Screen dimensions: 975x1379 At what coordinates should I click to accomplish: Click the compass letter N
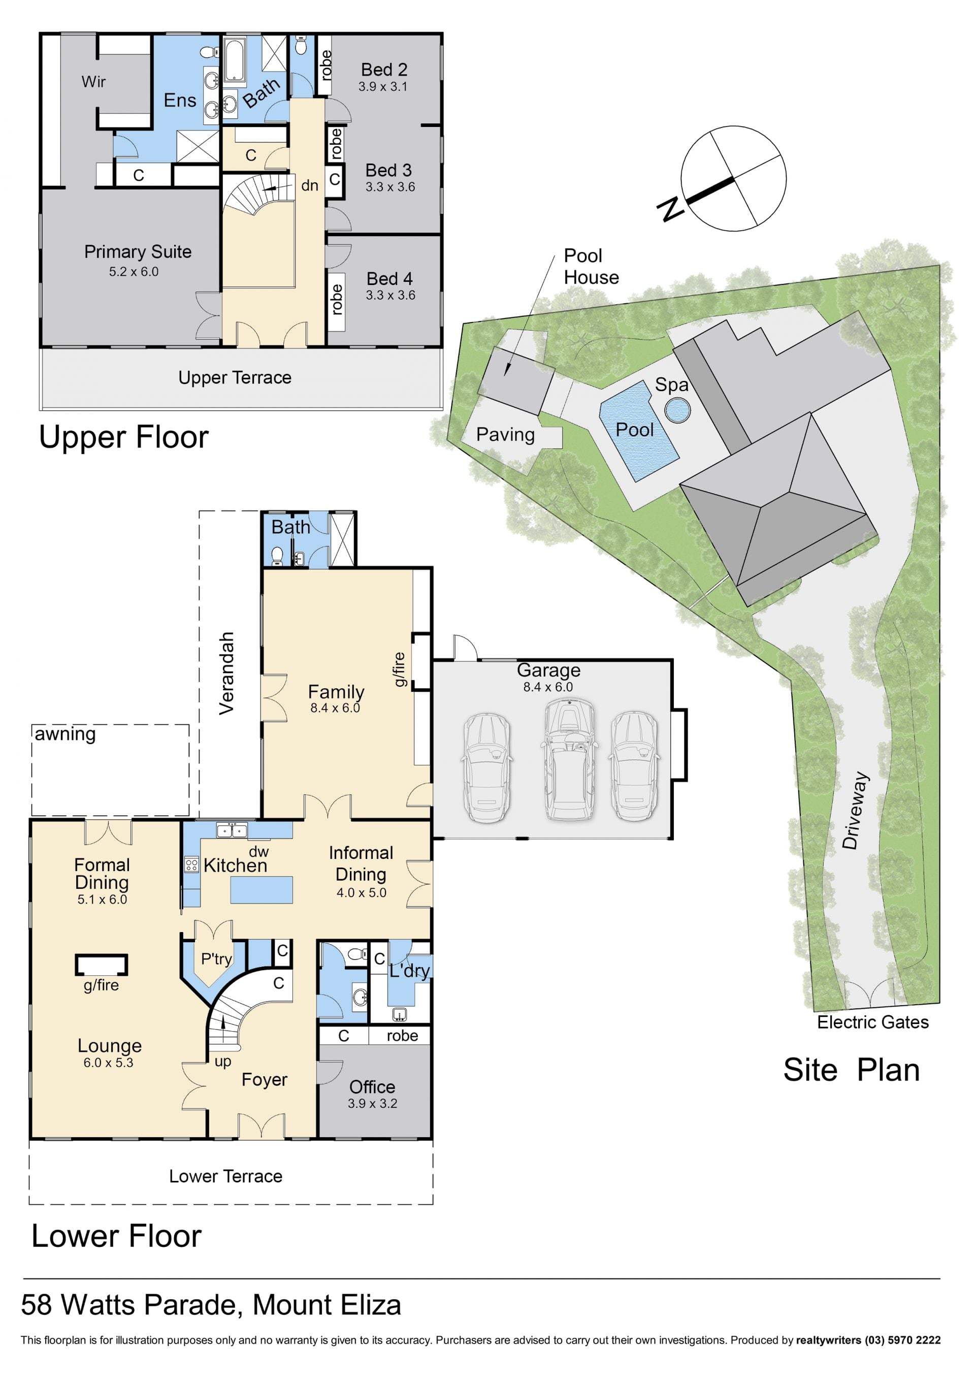671,208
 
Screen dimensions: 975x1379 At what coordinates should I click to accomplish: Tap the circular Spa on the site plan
677,411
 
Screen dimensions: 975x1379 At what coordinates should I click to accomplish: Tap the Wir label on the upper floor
93,81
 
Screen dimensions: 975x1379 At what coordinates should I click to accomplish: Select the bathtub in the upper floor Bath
234,59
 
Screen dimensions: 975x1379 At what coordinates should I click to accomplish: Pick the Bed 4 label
389,279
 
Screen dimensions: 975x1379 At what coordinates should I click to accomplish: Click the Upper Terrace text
235,377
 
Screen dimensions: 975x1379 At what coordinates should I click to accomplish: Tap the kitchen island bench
262,889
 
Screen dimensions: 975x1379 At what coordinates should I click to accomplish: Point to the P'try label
216,958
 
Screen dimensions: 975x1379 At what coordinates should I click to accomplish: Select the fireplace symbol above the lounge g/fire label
102,965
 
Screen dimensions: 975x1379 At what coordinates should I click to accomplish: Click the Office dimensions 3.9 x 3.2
372,1103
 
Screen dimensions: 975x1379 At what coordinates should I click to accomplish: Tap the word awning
66,734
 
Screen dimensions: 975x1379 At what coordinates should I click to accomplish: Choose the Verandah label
226,674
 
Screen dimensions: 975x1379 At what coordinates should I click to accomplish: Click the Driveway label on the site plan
855,810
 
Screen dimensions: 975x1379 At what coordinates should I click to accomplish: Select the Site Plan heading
851,1070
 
